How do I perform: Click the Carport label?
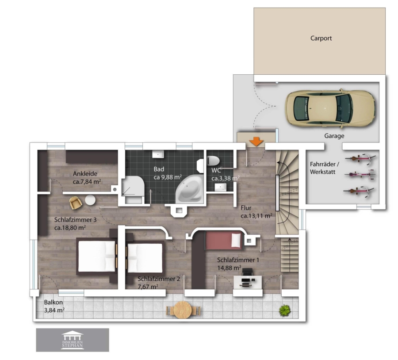tap(321, 38)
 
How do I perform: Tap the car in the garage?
tap(330, 108)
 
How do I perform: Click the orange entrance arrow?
tap(256, 142)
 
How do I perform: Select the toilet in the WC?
tap(213, 161)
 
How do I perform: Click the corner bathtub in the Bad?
tap(190, 188)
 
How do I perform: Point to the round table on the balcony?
tap(183, 310)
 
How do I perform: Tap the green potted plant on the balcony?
tap(285, 310)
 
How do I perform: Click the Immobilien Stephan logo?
tap(73, 340)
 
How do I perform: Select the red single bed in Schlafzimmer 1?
tap(223, 240)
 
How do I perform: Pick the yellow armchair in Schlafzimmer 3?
tap(76, 203)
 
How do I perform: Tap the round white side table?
tap(90, 200)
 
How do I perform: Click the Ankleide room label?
tap(85, 174)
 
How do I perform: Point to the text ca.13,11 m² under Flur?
tap(256, 216)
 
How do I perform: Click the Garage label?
tap(334, 136)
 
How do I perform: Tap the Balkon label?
tap(54, 303)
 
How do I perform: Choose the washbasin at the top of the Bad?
tap(158, 154)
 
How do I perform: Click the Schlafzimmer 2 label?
tap(159, 279)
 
